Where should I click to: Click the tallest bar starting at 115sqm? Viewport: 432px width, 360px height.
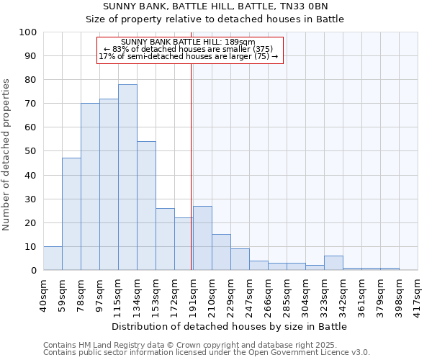(x=127, y=177)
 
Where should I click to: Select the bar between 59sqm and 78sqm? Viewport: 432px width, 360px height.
(x=71, y=214)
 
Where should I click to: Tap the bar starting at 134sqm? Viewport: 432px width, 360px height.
(x=146, y=206)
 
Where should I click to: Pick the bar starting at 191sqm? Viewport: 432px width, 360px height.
(x=202, y=238)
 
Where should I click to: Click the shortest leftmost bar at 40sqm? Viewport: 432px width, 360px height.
(x=53, y=258)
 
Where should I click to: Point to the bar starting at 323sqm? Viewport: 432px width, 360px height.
(x=333, y=263)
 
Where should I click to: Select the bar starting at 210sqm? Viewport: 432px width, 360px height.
(x=221, y=252)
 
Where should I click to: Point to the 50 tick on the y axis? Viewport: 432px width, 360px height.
(x=30, y=151)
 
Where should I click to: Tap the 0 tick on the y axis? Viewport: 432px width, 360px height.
(x=33, y=271)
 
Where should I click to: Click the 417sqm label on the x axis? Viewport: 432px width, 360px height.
(x=418, y=294)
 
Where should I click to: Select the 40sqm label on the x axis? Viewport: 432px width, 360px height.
(x=43, y=294)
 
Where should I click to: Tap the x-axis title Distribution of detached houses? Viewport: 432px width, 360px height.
(x=230, y=326)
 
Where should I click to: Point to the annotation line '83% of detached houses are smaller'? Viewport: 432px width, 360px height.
(x=191, y=49)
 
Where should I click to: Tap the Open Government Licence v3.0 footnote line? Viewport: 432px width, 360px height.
(x=207, y=353)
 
